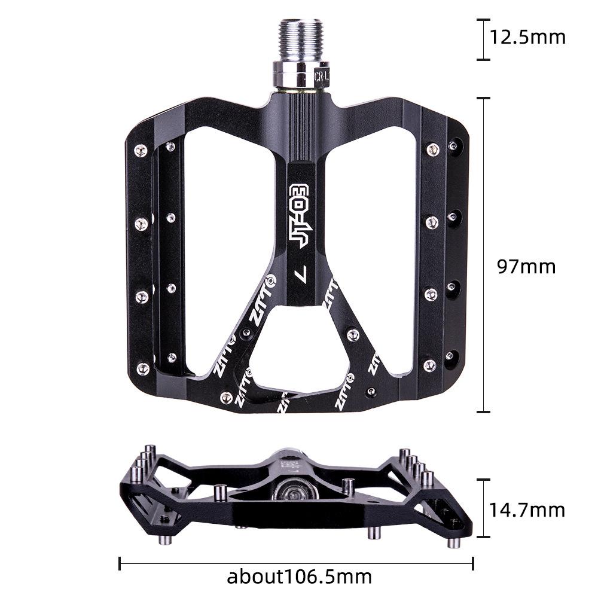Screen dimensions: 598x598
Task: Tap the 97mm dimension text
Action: [x=527, y=266]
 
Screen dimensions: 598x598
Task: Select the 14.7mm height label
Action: [x=527, y=510]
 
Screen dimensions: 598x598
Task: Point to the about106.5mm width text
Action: [x=299, y=577]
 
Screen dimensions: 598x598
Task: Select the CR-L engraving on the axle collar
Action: [x=321, y=77]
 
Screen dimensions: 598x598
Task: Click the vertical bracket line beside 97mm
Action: [x=483, y=254]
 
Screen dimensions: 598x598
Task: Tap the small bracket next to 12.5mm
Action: [x=483, y=39]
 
